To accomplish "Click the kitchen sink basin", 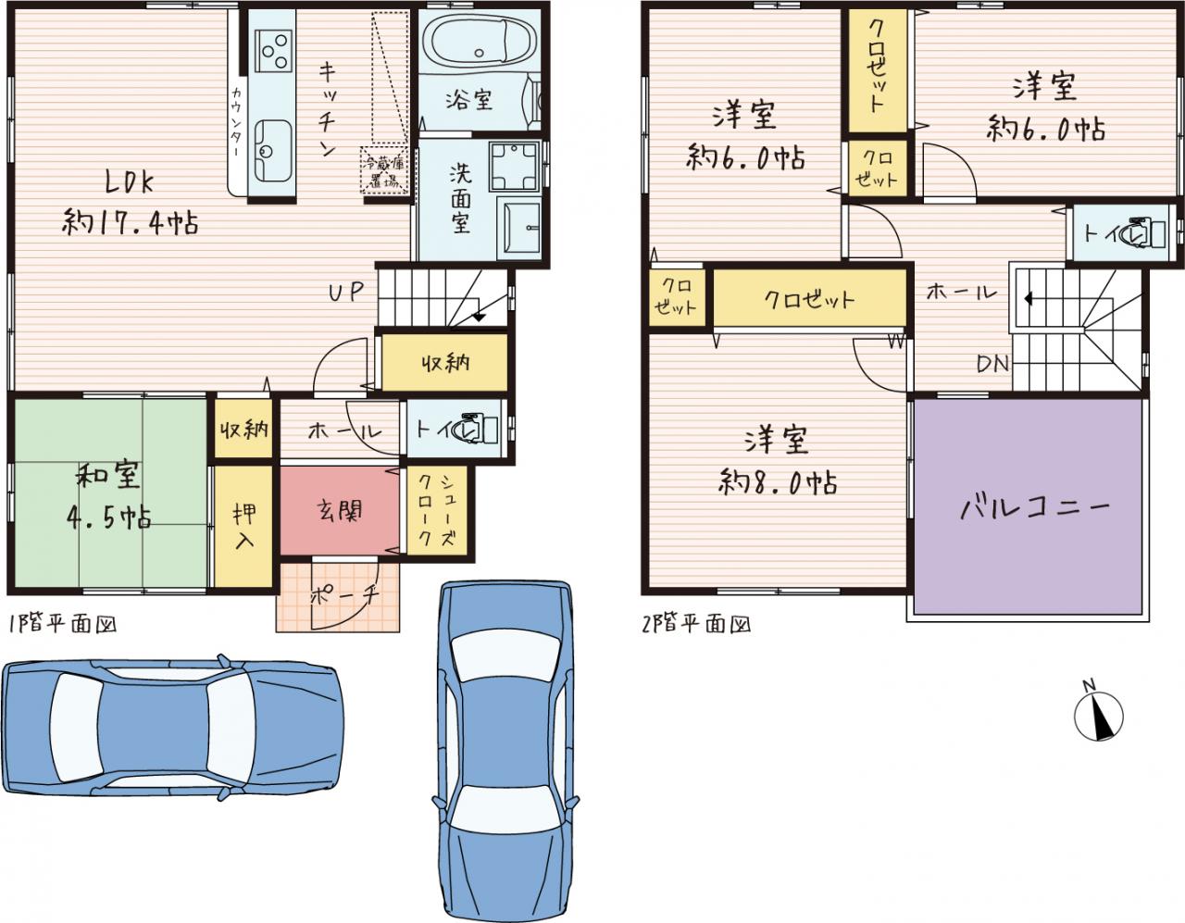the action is click(271, 151).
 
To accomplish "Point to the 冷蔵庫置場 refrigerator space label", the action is click(384, 170).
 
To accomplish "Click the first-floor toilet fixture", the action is click(480, 429).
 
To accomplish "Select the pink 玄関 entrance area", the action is click(340, 511).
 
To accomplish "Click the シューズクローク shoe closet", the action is click(437, 510).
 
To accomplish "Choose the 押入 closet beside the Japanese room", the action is click(243, 526).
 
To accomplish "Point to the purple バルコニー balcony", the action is click(1028, 505).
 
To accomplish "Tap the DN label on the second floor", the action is click(993, 364).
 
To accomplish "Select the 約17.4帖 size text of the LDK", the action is click(130, 222).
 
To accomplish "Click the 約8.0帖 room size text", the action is click(777, 482).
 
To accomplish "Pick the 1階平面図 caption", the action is click(62, 624).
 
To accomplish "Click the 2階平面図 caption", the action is click(696, 624).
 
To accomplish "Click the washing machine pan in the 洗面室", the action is click(514, 166).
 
